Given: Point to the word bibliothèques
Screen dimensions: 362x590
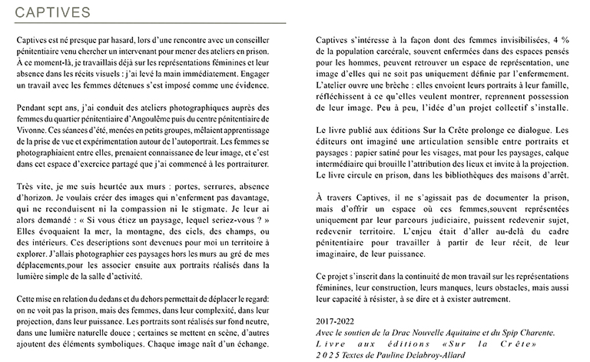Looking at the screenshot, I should click(x=462, y=178).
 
